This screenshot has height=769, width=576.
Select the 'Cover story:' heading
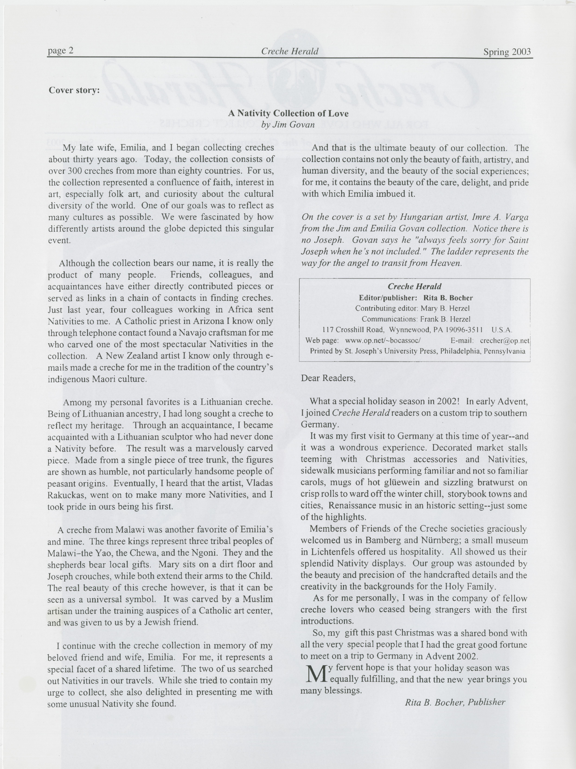coord(74,90)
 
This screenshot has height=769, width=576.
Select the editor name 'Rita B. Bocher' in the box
coord(448,298)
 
